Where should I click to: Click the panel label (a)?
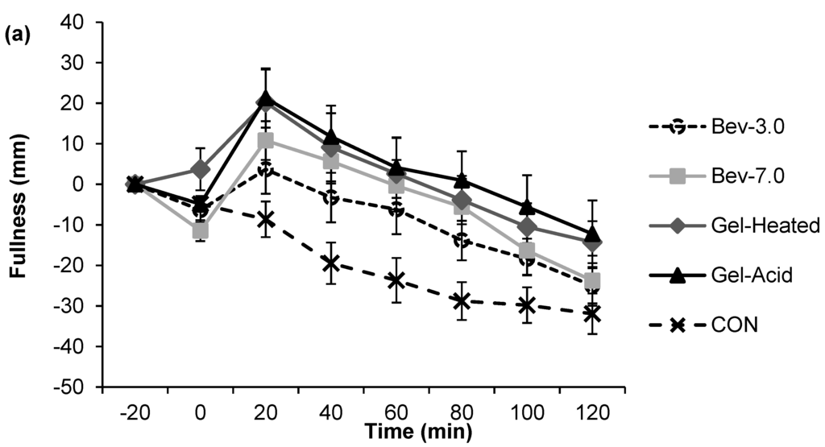tap(15, 37)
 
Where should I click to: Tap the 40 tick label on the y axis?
tap(75, 23)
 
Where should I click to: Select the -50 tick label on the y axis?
tap(72, 387)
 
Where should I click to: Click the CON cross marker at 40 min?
tap(331, 263)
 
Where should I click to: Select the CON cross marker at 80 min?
tap(462, 301)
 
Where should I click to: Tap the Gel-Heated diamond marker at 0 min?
tap(201, 170)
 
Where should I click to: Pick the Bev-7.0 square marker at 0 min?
tap(201, 231)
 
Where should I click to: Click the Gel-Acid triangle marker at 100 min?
tap(527, 207)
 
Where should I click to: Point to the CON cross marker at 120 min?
tap(592, 313)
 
